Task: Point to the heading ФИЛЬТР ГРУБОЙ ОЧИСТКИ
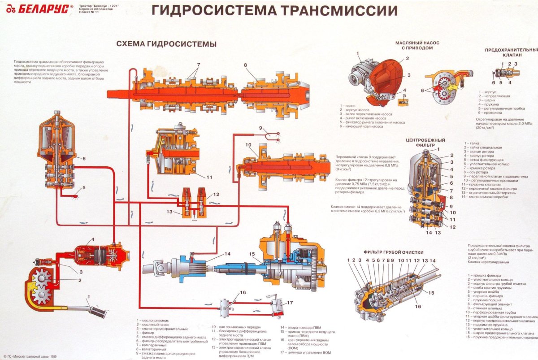[393, 252]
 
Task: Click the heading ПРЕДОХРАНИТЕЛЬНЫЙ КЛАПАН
[511, 52]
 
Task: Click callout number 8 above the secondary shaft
[245, 65]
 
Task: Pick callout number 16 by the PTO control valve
[243, 292]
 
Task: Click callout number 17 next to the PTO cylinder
[290, 303]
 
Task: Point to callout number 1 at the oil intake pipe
[88, 297]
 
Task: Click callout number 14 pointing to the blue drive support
[227, 254]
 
